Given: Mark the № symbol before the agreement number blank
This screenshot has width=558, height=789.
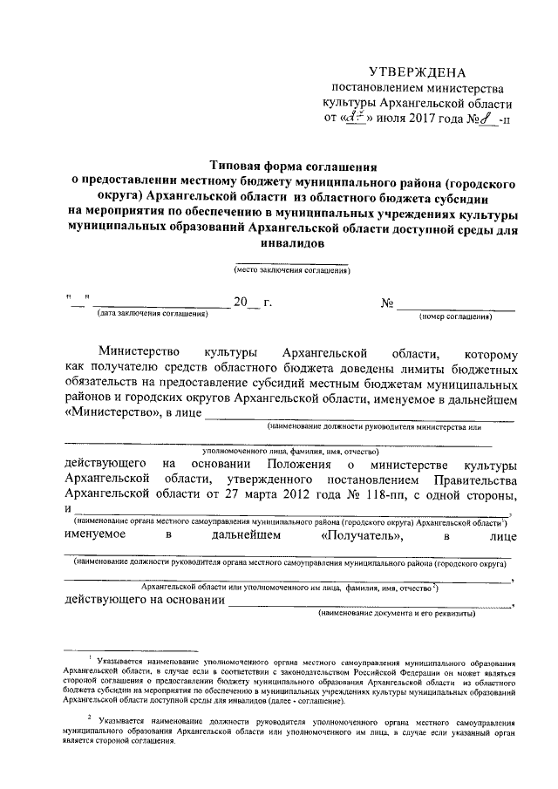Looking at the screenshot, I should pos(388,303).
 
